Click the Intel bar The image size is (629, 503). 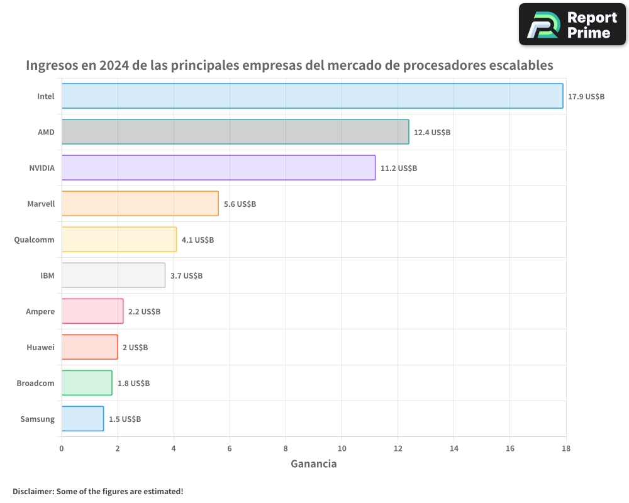(x=312, y=96)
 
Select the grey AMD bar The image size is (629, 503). (x=235, y=132)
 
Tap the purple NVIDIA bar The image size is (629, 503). (x=218, y=168)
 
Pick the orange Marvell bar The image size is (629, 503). (x=140, y=204)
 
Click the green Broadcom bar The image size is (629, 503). (x=87, y=383)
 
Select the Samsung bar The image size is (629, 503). (x=82, y=419)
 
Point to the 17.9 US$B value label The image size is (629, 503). (x=586, y=97)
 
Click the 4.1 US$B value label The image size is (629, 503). (x=198, y=240)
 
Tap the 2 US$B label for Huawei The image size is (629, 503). (x=135, y=348)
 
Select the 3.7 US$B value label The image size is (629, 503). (x=186, y=276)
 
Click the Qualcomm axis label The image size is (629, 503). (x=34, y=240)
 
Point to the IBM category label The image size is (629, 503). (x=47, y=276)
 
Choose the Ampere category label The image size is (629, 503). (x=40, y=312)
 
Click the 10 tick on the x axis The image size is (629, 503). (x=342, y=449)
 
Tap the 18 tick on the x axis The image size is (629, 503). (x=565, y=449)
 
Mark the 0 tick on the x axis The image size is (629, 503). (x=62, y=449)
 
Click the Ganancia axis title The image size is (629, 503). (x=313, y=464)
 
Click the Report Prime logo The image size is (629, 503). (x=572, y=25)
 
